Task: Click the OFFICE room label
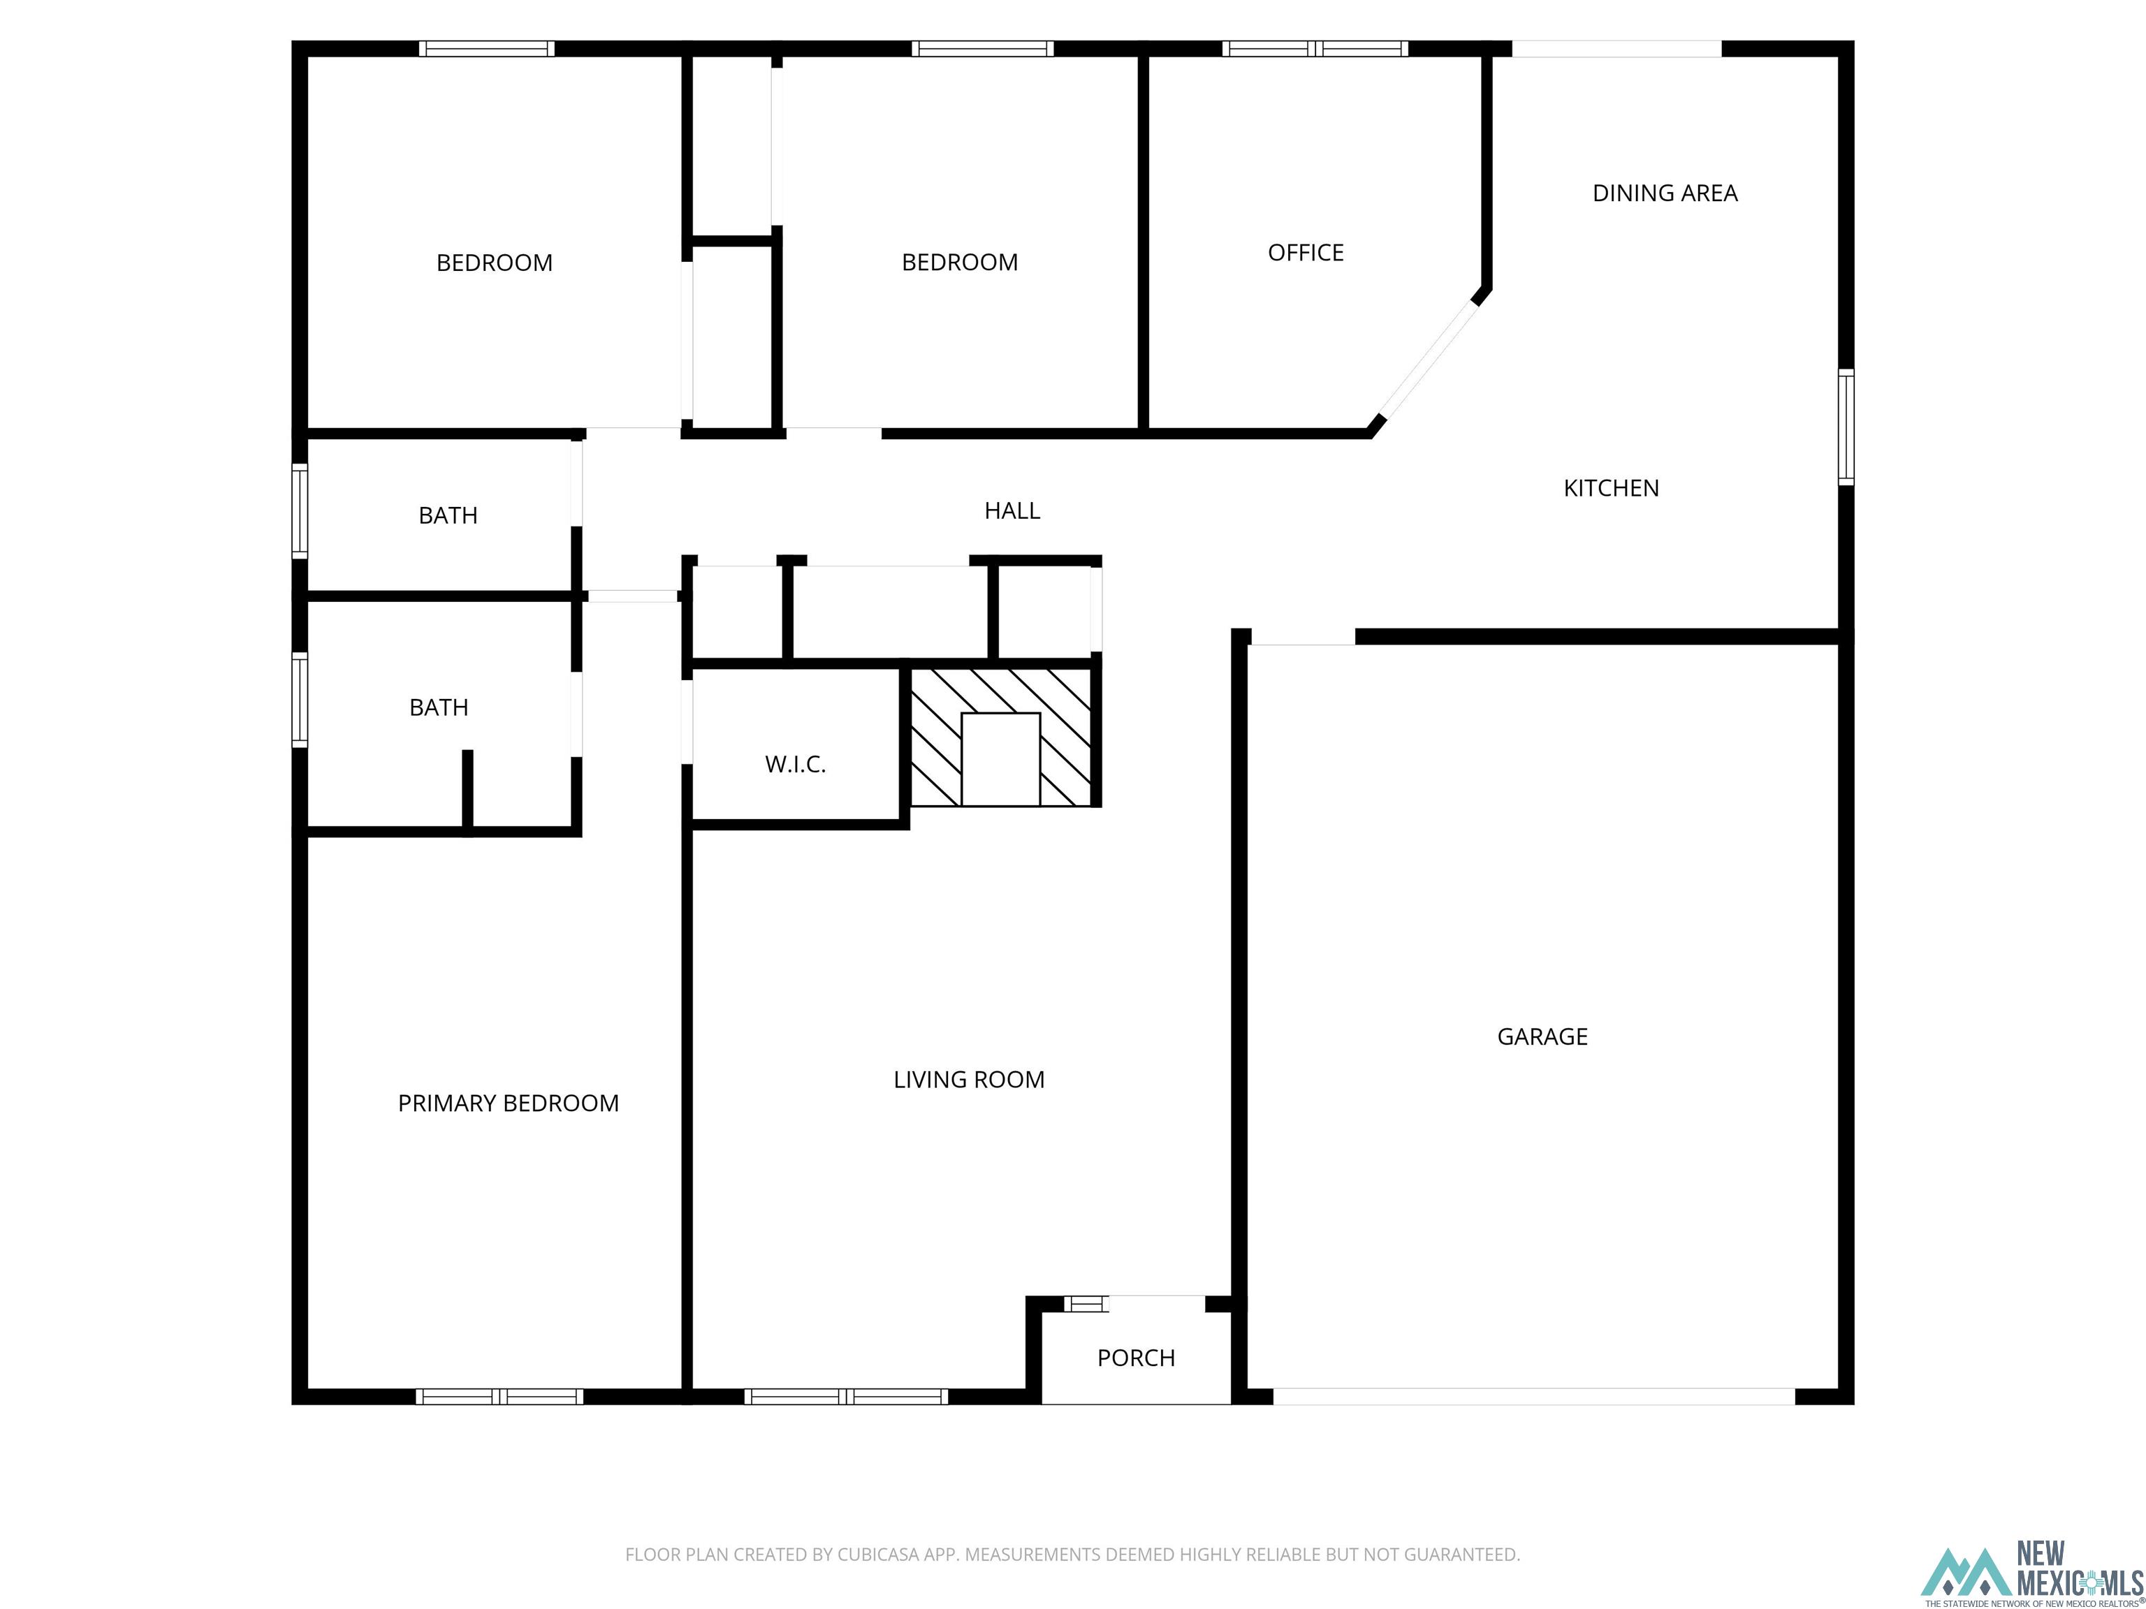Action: tap(1305, 253)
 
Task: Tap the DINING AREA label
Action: tap(1665, 193)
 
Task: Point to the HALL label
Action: tap(1012, 510)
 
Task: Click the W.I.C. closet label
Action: tap(794, 764)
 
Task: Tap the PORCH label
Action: tap(1135, 1358)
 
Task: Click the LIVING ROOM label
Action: tap(968, 1080)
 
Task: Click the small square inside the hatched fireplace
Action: tap(1000, 758)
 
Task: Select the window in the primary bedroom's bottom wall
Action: tap(499, 1397)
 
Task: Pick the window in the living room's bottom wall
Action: tap(846, 1397)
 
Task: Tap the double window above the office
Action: tap(1315, 48)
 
